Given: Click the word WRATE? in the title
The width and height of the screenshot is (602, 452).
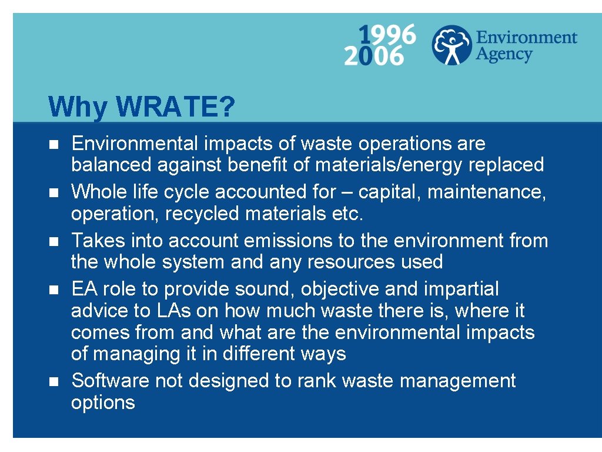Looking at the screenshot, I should tap(176, 107).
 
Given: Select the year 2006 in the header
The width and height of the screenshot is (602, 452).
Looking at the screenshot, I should tap(374, 56).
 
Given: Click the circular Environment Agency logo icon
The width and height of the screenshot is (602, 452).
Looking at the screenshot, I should tap(451, 45).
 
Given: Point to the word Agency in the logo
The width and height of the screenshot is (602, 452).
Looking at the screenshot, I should tap(504, 55).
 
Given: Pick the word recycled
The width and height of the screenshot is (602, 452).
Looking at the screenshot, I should tap(202, 214).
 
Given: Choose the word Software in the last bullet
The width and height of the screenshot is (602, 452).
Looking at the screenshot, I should tap(110, 381).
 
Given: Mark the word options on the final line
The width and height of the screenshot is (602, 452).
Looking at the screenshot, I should tap(103, 403).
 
